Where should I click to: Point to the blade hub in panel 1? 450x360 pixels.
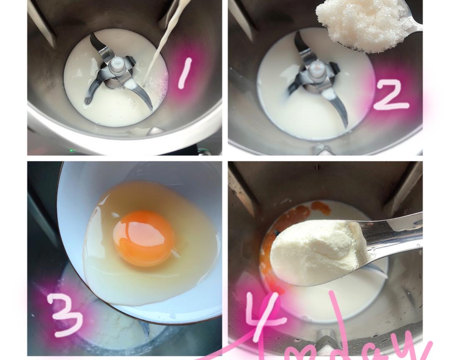116,67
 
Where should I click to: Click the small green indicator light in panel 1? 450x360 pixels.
72,150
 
